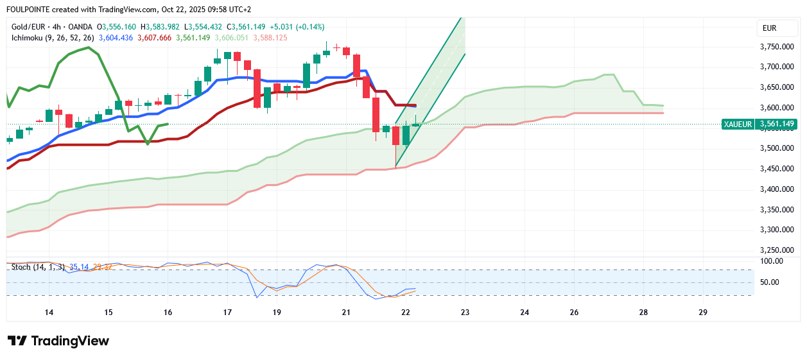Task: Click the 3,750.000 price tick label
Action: [776, 47]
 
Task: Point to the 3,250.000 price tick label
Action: [776, 250]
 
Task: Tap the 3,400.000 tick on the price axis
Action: [776, 189]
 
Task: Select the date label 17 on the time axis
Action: [227, 313]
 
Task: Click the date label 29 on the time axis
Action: [702, 313]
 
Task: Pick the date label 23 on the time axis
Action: [465, 313]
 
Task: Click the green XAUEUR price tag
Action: [737, 124]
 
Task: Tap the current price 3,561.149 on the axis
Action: [777, 124]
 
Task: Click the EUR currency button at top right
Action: [769, 28]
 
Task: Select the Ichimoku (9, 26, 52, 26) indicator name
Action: [53, 38]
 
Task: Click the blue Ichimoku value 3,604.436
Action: [116, 38]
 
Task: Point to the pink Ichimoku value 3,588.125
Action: [270, 38]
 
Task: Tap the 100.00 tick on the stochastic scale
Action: [770, 261]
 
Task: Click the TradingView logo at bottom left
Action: [58, 341]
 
